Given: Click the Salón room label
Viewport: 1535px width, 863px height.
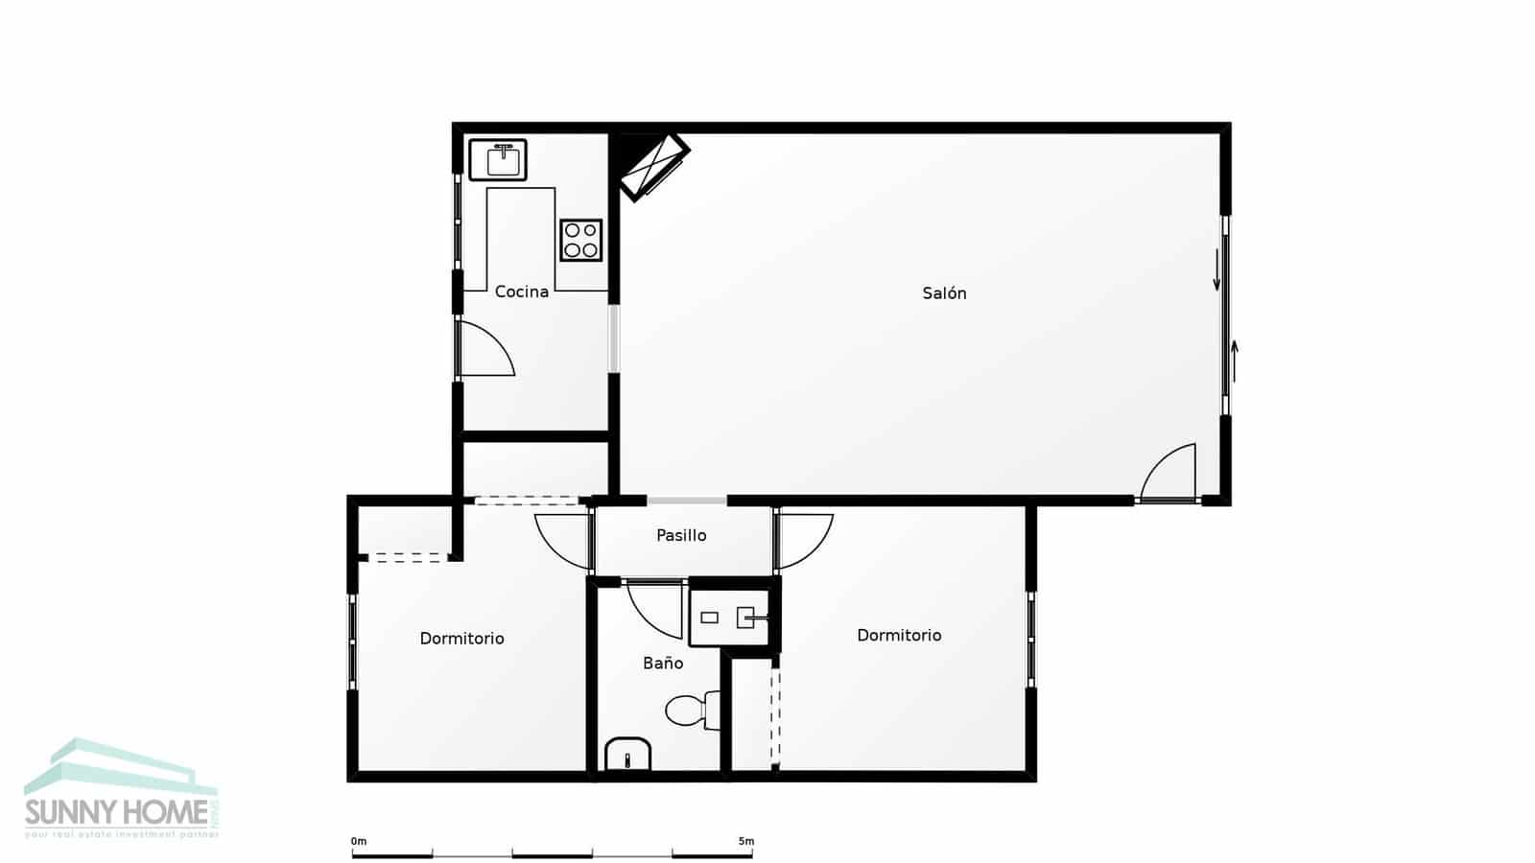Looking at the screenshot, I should (x=944, y=293).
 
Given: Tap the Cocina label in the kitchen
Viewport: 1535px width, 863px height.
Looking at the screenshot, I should (x=521, y=292).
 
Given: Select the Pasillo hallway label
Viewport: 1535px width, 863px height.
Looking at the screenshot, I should (x=681, y=535).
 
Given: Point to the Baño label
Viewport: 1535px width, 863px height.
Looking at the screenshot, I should (x=663, y=663).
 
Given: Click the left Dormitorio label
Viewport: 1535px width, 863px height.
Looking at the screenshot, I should (x=461, y=639).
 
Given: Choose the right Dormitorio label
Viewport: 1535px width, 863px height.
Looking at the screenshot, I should (x=899, y=635).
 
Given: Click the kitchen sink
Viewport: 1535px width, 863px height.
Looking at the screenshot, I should (x=498, y=159).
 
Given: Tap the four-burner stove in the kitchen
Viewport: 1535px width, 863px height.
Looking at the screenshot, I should (x=581, y=240).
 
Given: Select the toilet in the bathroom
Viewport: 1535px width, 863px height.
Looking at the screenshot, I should (x=689, y=711).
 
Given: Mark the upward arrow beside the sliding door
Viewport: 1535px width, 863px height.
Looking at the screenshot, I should (x=1235, y=361).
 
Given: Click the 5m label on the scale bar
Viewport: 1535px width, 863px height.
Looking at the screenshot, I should (x=745, y=841).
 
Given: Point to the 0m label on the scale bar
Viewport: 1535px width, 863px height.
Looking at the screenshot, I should (x=359, y=841).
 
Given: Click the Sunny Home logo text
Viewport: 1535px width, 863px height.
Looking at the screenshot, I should (x=116, y=813).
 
